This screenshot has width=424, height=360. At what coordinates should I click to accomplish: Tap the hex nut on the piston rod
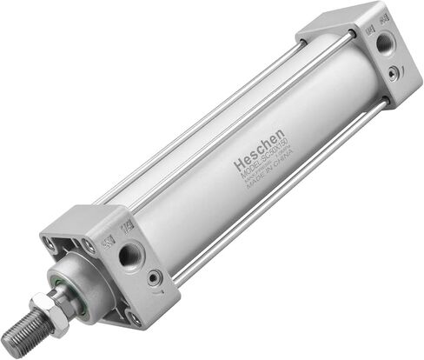tap(47, 310)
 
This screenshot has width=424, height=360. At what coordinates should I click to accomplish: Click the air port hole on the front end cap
tap(129, 255)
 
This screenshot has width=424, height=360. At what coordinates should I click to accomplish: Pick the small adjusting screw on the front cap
tap(155, 277)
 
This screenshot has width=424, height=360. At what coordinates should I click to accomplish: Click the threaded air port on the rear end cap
tap(382, 42)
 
